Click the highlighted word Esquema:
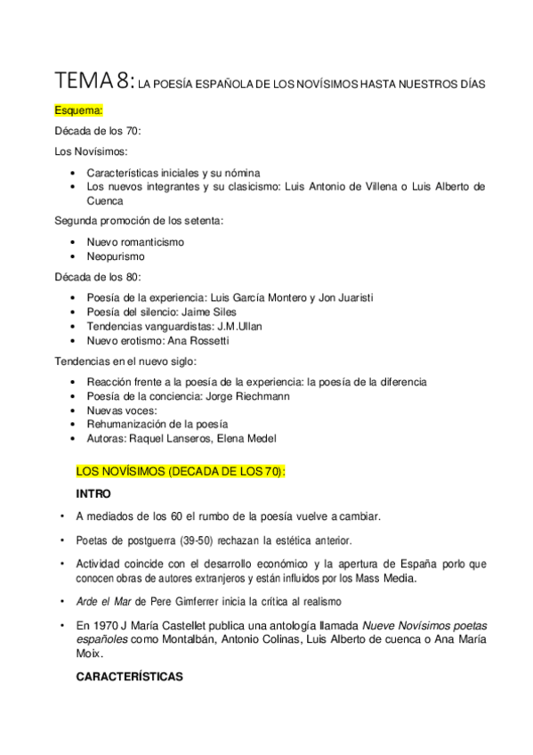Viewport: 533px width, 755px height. pos(79,110)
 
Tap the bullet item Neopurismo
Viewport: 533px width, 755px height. pos(115,256)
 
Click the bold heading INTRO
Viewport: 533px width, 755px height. pos(93,493)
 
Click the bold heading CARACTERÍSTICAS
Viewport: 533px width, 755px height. pos(129,677)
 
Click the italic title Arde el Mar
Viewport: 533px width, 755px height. pos(106,600)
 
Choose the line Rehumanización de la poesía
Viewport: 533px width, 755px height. pos(157,424)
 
